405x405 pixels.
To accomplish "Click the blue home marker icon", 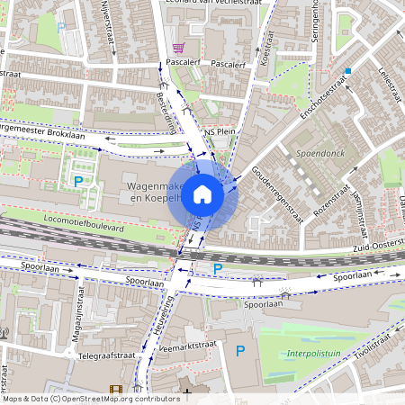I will [x=202, y=193].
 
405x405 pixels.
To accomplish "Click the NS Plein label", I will [x=221, y=130].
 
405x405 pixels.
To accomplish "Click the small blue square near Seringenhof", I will [x=347, y=69].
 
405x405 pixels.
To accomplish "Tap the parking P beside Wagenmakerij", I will [x=78, y=183].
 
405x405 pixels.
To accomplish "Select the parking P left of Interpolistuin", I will [x=239, y=350].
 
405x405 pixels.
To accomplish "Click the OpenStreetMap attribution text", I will [x=91, y=398].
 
